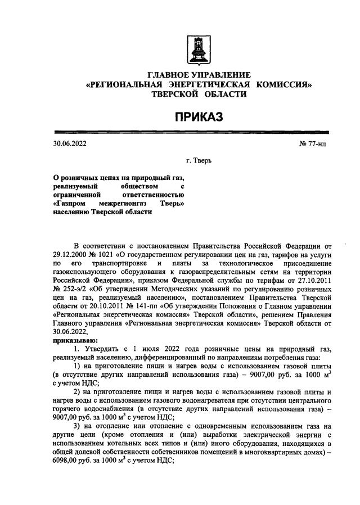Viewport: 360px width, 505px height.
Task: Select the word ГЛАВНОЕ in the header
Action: tap(171, 75)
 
